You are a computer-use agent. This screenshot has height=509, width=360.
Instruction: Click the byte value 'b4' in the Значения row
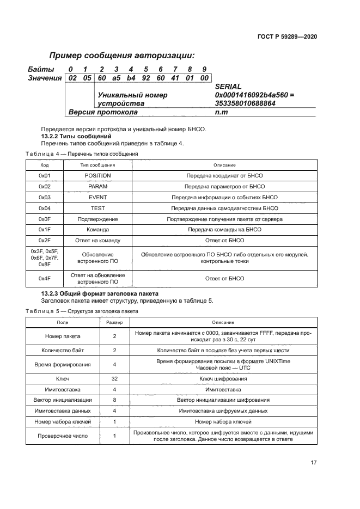(131, 78)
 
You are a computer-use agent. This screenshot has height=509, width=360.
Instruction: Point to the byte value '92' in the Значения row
(146, 78)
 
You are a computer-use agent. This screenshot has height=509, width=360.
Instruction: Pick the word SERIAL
(229, 87)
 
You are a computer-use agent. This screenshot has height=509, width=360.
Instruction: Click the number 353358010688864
(246, 103)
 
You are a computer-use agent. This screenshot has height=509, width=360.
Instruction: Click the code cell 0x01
(45, 176)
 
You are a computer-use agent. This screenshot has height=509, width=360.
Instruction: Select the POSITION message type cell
(97, 176)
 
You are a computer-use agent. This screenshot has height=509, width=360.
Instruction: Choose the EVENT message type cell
(97, 197)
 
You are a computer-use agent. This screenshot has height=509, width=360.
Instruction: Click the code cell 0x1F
(45, 230)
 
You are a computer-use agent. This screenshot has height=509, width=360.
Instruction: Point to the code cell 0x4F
(45, 278)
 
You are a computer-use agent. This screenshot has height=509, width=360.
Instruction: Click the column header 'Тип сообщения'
(97, 164)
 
